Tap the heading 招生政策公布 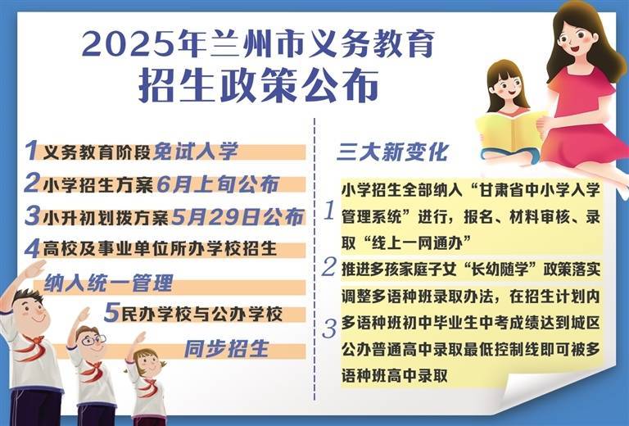tap(259, 86)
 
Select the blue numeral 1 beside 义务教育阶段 tap(31, 151)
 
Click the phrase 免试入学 tap(196, 152)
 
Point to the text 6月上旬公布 tap(218, 184)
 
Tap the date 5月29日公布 tap(238, 217)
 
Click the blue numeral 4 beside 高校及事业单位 tap(32, 249)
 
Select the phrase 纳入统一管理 tap(108, 283)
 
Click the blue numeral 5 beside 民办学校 tap(112, 313)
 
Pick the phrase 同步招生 tap(226, 348)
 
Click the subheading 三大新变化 tap(392, 152)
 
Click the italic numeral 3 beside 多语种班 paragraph tap(329, 329)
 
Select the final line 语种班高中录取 tap(394, 376)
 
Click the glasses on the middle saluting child tap(93, 341)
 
